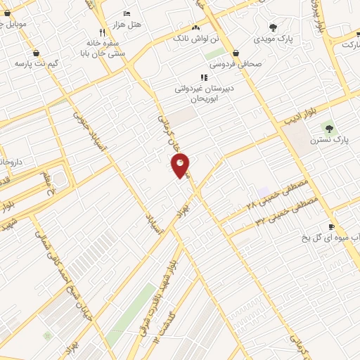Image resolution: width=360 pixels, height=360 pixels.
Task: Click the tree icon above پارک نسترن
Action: click(x=328, y=127)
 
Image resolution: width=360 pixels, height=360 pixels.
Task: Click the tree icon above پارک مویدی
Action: click(x=273, y=27)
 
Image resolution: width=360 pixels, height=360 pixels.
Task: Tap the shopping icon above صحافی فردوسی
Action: click(x=235, y=53)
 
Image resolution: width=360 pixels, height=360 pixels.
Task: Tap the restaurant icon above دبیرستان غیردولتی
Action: click(x=203, y=77)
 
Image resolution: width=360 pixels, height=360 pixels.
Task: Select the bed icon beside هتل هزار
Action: click(x=127, y=13)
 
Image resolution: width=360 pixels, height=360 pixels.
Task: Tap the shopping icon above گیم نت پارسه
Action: click(x=36, y=53)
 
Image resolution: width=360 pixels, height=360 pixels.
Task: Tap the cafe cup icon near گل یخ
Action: click(x=331, y=226)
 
